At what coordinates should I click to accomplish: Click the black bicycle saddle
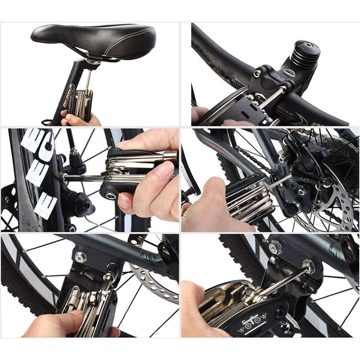click(x=94, y=38)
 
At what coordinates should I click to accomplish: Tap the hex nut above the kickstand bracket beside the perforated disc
click(x=79, y=257)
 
